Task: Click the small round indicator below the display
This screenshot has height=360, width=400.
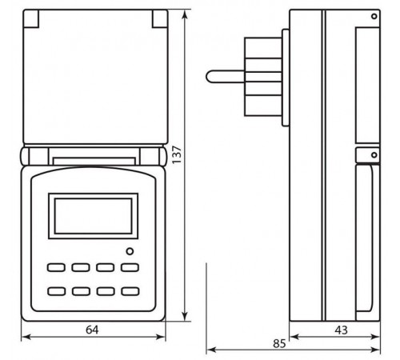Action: (x=130, y=253)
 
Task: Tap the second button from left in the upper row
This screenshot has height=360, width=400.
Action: (x=82, y=269)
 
